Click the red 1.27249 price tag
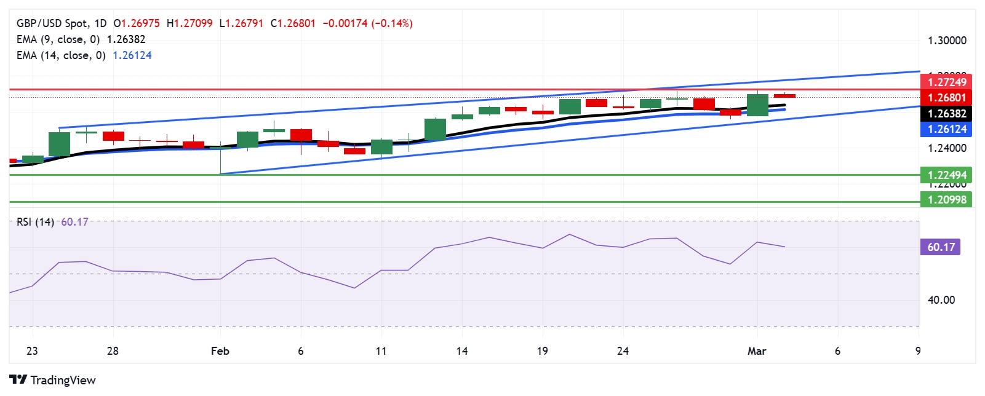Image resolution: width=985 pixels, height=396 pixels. click(x=946, y=82)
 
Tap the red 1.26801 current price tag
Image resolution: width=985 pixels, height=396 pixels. click(x=946, y=97)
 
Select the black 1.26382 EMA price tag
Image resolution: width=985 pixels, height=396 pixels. click(x=946, y=113)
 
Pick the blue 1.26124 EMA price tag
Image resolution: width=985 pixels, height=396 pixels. click(x=946, y=129)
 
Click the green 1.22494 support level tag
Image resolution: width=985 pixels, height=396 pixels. click(x=946, y=175)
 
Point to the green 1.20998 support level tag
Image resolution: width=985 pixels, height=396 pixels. click(x=946, y=199)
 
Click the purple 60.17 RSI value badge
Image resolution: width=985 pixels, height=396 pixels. click(x=941, y=247)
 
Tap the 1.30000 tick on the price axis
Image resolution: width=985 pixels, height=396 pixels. click(x=947, y=41)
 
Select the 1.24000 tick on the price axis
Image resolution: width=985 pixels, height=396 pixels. click(x=947, y=148)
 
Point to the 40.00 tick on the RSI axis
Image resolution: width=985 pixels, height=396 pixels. click(x=941, y=300)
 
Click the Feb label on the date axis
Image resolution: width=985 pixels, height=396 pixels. click(x=220, y=351)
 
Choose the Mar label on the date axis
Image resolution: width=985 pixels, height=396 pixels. click(x=757, y=351)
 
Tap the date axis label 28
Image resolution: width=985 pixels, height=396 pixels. click(x=113, y=351)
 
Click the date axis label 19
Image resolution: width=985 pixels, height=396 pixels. click(x=542, y=351)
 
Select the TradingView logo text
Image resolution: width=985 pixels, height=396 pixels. click(x=63, y=380)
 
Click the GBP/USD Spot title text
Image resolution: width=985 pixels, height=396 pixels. click(x=52, y=23)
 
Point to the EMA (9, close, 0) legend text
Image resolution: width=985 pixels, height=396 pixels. click(x=58, y=39)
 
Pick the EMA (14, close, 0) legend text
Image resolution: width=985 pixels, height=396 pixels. click(x=61, y=55)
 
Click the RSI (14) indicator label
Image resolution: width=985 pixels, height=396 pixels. click(x=35, y=222)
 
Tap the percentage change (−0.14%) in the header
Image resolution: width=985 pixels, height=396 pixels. click(x=392, y=23)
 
